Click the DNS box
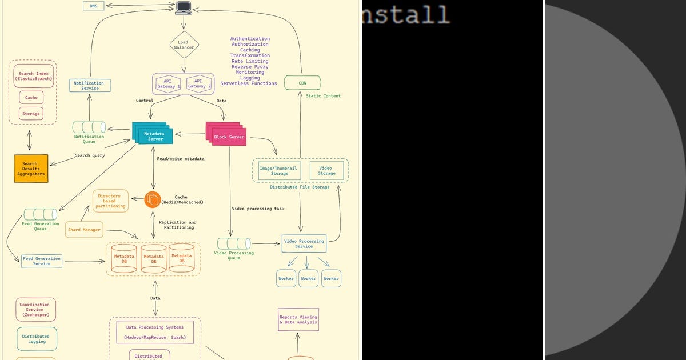(x=93, y=6)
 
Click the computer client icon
(x=184, y=7)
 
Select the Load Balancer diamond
(x=183, y=45)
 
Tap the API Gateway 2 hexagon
(x=198, y=83)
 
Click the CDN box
(x=302, y=83)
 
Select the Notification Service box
(x=90, y=86)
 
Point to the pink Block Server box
(x=229, y=137)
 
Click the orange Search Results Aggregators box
(x=31, y=168)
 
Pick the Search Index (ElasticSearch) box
(x=34, y=77)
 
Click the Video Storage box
(x=327, y=170)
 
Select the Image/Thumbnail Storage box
(x=280, y=170)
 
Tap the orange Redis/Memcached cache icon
(x=153, y=199)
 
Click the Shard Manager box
(x=84, y=230)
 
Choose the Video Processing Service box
(x=304, y=243)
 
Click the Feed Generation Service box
(x=42, y=261)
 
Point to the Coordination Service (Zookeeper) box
(x=37, y=309)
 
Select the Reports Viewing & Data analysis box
(x=298, y=320)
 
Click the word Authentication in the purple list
(x=250, y=39)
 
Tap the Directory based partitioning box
(x=111, y=201)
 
